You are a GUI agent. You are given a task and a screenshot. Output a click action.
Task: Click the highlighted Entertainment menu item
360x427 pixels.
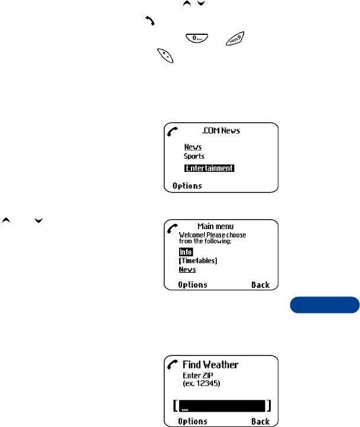pos(209,168)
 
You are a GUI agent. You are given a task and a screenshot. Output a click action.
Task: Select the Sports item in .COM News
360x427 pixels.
pos(194,157)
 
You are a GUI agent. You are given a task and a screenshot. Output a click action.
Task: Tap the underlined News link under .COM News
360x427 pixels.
pos(193,147)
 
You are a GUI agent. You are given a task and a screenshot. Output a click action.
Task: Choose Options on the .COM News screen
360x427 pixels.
pos(187,186)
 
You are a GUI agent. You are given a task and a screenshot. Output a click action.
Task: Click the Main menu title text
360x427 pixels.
pos(216,226)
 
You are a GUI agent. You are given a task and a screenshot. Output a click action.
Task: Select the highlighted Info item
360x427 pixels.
pos(186,252)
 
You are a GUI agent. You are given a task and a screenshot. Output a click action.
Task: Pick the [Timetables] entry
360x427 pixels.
pos(198,260)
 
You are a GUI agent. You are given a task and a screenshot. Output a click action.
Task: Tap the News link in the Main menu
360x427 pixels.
pos(187,269)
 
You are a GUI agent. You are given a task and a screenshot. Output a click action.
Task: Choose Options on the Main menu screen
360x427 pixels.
pos(193,285)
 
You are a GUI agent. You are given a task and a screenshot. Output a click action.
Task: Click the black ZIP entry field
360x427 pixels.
pos(222,406)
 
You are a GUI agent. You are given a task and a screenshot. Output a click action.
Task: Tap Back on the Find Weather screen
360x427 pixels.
pos(260,422)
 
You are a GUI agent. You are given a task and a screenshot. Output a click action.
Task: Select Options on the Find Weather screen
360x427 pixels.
pos(193,422)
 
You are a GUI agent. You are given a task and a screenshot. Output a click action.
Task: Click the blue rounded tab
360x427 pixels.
pos(325,305)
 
